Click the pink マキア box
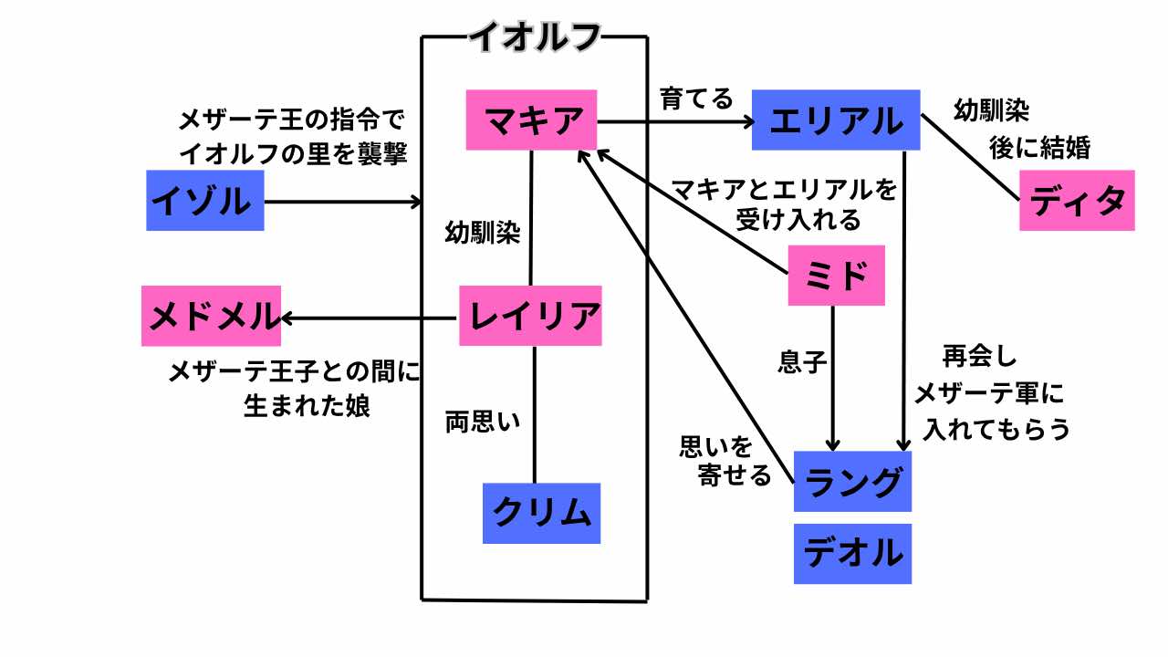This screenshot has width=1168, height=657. pos(531,120)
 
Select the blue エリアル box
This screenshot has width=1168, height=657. pos(836,120)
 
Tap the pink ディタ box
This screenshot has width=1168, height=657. pos(1077,200)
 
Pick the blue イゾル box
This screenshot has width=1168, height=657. pos(205,200)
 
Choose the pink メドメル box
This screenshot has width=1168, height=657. pos(212,316)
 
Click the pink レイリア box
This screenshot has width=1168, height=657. pos(531,316)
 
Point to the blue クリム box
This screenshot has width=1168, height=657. pos(542,513)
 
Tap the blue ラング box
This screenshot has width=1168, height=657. pos(852,481)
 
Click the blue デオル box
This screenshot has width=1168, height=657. pos(852,553)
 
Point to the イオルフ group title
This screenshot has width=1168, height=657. pos(535,36)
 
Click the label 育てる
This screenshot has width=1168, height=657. pos(696,99)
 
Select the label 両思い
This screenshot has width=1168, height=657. pos(482,422)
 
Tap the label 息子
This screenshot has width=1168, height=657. pos(802,363)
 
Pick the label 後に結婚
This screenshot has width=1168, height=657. pos(1040,147)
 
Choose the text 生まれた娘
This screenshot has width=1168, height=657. pos(307,406)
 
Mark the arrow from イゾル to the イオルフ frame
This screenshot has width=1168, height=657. pos(342,202)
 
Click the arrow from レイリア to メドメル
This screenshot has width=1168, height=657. pos(370,318)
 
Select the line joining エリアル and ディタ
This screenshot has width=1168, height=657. pos(969,156)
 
